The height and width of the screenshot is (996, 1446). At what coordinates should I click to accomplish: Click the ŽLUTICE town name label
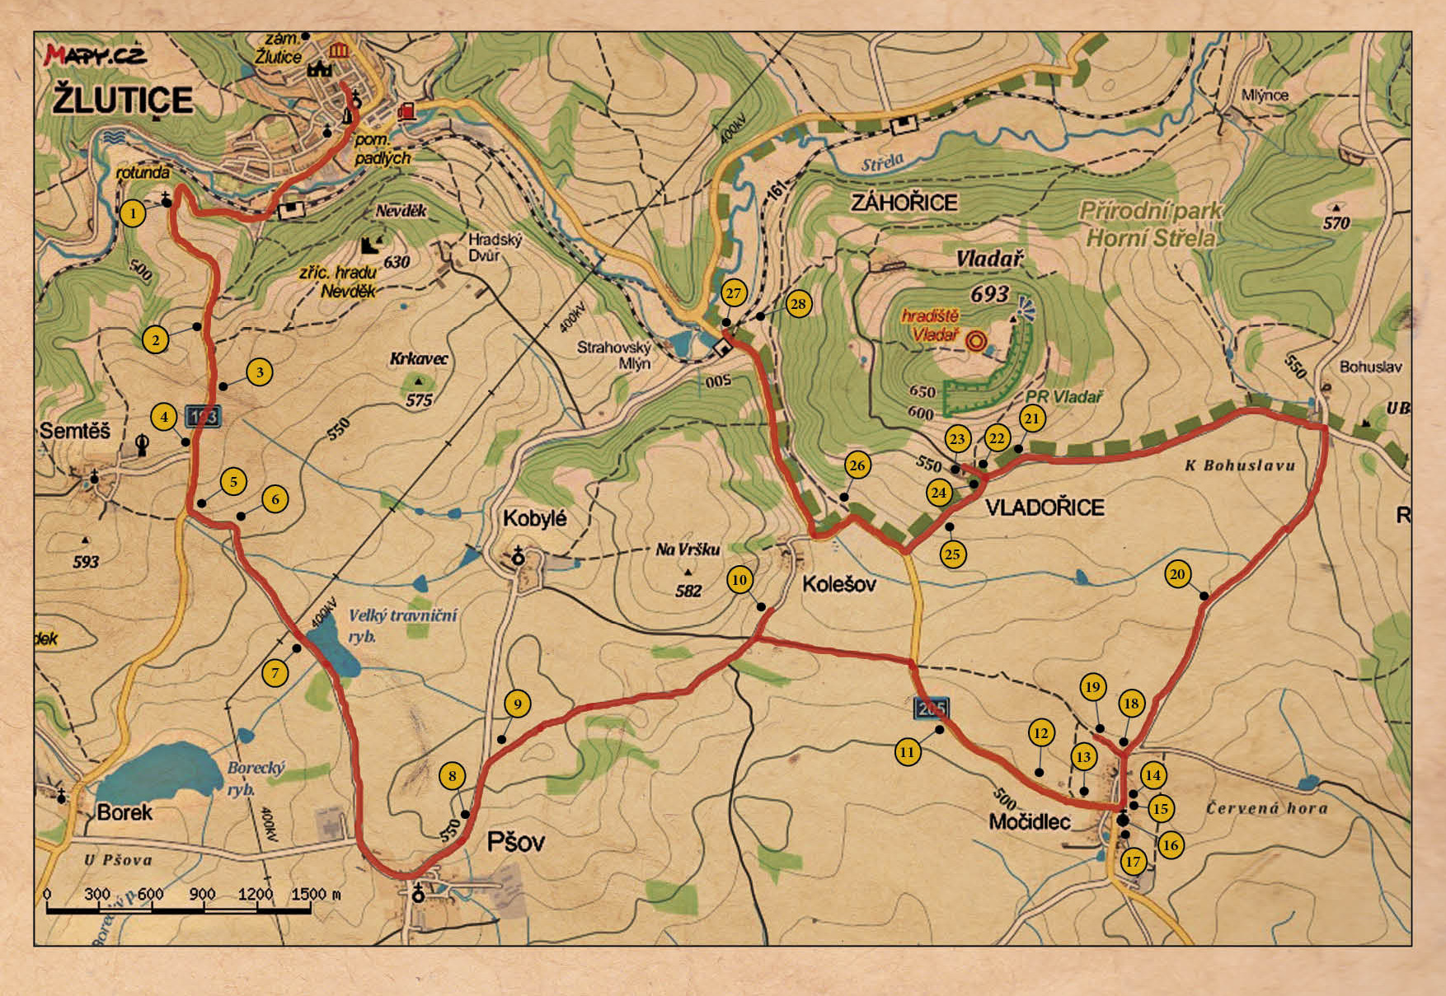[x=123, y=101]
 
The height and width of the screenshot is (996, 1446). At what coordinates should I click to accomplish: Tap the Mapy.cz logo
[x=95, y=55]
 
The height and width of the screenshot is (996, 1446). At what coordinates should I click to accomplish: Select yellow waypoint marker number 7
[x=275, y=673]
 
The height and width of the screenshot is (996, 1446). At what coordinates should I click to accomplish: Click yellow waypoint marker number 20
[x=1177, y=574]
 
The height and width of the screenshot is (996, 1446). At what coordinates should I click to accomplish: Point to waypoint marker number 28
[x=798, y=304]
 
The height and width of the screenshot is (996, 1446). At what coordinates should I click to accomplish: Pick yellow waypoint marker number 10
[x=739, y=580]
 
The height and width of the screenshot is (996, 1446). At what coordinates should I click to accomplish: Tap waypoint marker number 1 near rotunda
[x=132, y=214]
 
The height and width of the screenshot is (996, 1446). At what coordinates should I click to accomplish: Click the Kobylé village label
[x=534, y=519]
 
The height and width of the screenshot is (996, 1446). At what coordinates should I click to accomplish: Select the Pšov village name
[x=516, y=842]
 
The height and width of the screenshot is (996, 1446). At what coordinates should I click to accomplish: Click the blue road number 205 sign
[x=932, y=708]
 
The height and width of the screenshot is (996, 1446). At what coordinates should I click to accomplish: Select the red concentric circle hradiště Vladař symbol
[x=977, y=341]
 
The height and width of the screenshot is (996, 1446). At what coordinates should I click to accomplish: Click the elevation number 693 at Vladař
[x=989, y=294]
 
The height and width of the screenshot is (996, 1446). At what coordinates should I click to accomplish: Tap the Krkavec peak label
[x=419, y=359]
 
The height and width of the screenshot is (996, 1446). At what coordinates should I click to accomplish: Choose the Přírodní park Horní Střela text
[x=1150, y=224]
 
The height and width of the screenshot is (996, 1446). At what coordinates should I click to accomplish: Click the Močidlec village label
[x=1029, y=821]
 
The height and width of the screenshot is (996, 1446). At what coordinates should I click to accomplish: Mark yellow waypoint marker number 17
[x=1134, y=862]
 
